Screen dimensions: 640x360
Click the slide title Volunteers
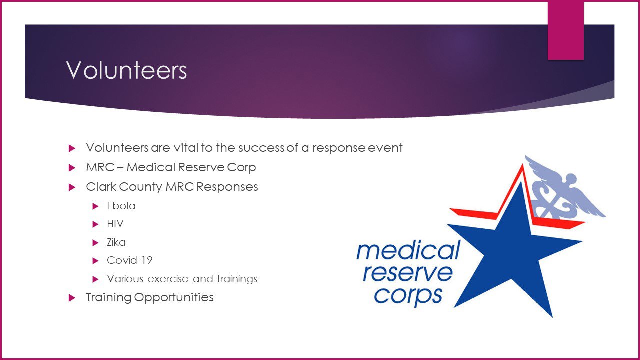(126, 70)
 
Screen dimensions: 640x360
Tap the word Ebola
(121, 206)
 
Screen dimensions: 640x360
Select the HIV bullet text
(115, 224)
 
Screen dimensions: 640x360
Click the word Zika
(116, 242)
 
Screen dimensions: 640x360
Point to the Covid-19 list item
(129, 260)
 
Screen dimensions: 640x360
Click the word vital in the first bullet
(185, 148)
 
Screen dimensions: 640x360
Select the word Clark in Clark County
(101, 187)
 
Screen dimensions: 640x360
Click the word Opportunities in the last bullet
(174, 297)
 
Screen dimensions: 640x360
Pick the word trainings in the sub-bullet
(237, 279)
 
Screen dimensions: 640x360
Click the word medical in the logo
(408, 250)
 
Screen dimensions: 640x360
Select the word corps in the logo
(408, 296)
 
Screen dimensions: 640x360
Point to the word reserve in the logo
(408, 273)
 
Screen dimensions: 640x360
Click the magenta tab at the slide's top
(565, 30)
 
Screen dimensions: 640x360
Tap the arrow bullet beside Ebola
(95, 206)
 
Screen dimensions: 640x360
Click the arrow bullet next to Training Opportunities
(72, 298)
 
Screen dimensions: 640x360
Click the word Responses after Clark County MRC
(227, 187)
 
